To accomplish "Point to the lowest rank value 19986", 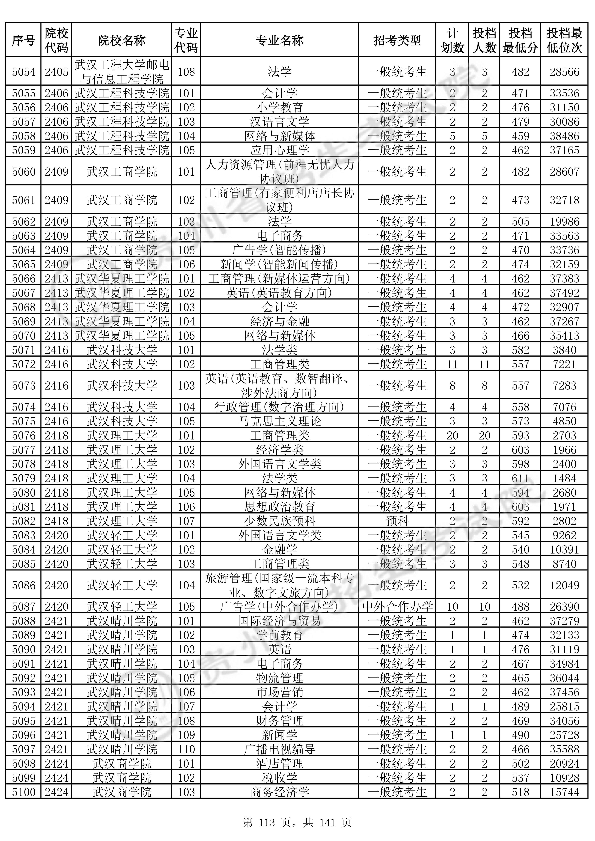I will tap(564, 222).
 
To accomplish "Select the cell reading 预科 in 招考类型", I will tap(397, 521).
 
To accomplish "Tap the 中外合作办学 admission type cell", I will tap(397, 607).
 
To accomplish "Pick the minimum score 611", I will tap(520, 478).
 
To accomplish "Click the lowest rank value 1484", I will tap(564, 478).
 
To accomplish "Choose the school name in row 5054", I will tap(121, 72).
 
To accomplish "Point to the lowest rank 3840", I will tap(564, 350).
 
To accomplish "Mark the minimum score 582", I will tap(520, 350).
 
